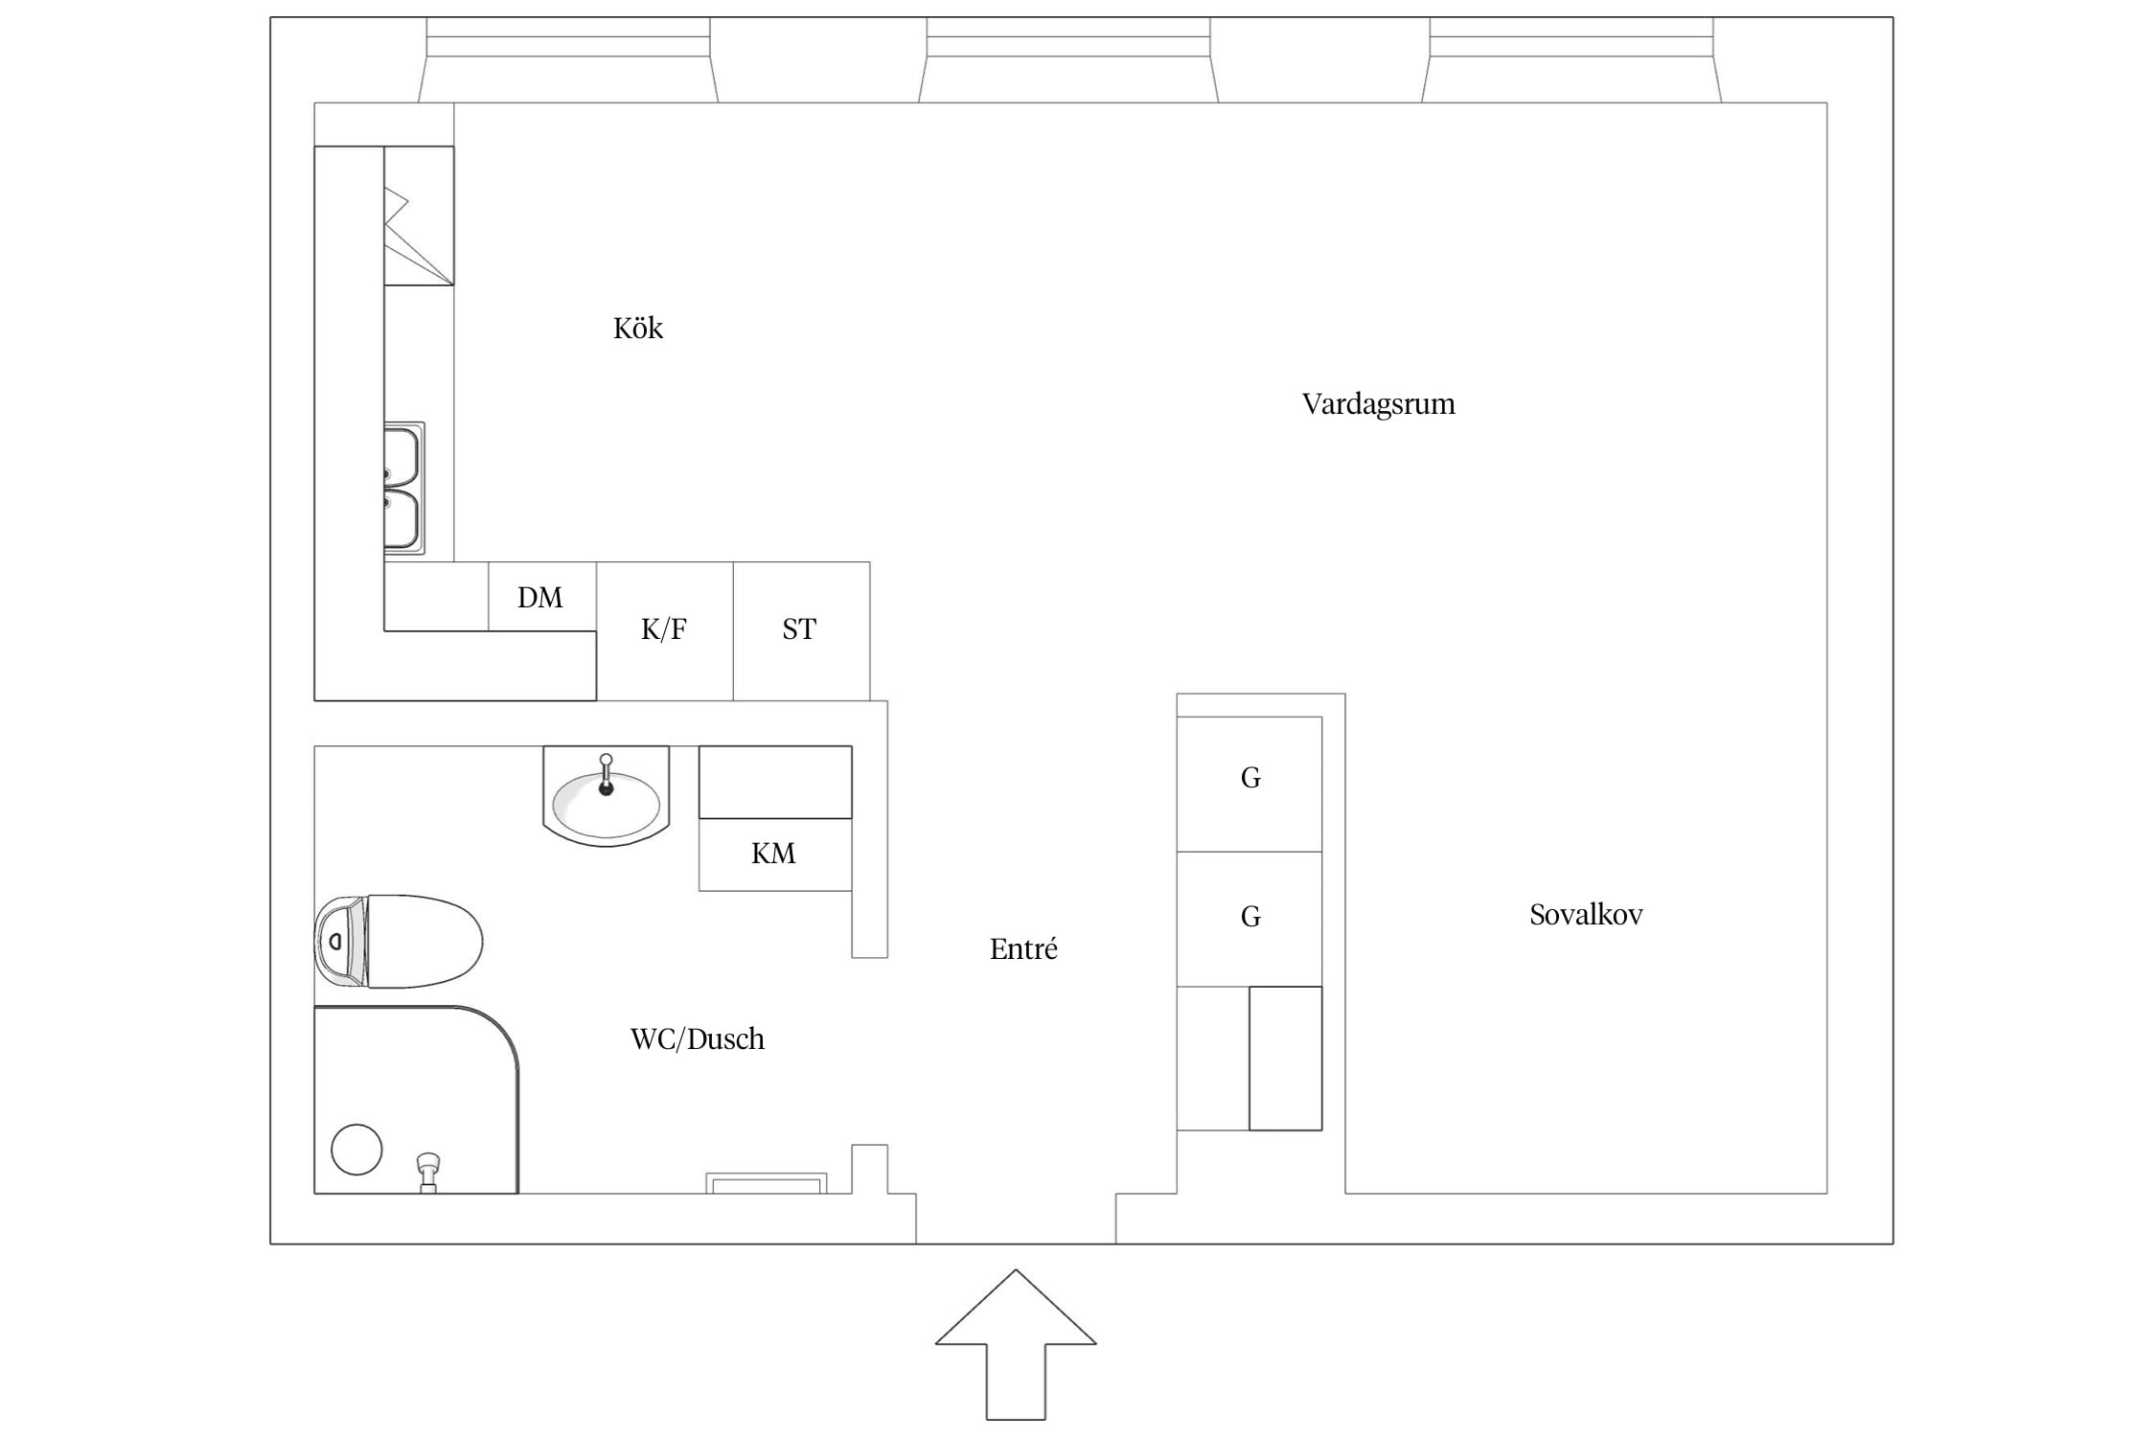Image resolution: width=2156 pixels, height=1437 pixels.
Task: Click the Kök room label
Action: pos(638,329)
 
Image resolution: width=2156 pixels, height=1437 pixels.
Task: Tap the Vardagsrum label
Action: pos(1378,404)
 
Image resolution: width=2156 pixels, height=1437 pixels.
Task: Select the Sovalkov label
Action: pos(1586,915)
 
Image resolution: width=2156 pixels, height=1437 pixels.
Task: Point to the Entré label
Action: pos(1023,948)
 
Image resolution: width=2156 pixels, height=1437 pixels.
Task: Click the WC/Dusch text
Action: pos(698,1039)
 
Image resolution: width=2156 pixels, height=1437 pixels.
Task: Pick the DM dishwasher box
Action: pos(542,597)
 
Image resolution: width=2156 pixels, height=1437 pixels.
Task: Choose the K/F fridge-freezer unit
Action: pos(665,631)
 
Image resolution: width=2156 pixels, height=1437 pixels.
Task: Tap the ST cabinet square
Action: pos(802,631)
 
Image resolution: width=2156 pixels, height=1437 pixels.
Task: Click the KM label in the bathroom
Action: pos(773,854)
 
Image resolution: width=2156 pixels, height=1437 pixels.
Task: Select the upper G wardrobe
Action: pos(1250,785)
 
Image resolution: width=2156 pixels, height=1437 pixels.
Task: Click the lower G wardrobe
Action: pos(1250,920)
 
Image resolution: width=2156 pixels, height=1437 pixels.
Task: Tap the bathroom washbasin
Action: pos(606,796)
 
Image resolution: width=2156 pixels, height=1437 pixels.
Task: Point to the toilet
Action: pos(399,942)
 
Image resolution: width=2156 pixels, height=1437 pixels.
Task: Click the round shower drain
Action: pos(356,1150)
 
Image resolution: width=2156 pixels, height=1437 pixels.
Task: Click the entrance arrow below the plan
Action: pos(1016,1345)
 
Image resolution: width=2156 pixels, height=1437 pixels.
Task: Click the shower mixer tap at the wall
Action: pos(428,1173)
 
